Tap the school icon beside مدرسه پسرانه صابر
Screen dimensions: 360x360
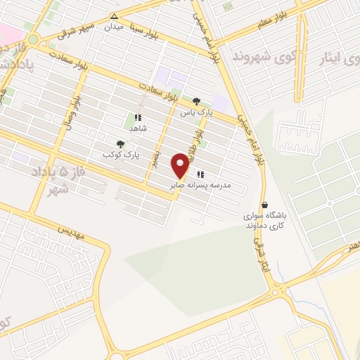pyautogui.click(x=200, y=174)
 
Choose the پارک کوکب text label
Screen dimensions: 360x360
pyautogui.click(x=118, y=154)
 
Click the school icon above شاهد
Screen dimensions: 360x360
pyautogui.click(x=138, y=117)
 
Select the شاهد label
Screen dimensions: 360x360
pyautogui.click(x=137, y=128)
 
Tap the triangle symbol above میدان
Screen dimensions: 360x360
pyautogui.click(x=114, y=15)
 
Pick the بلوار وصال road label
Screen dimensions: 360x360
pyautogui.click(x=75, y=109)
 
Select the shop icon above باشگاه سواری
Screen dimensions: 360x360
pyautogui.click(x=264, y=205)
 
